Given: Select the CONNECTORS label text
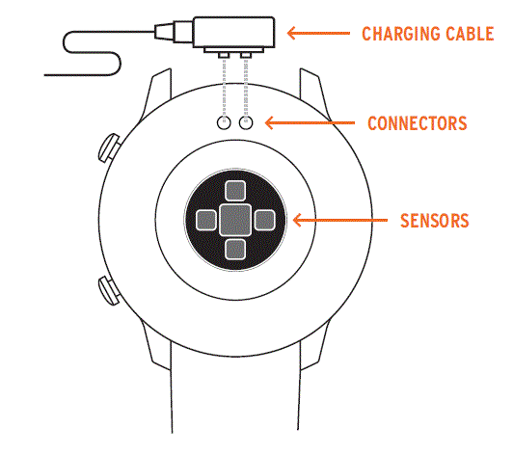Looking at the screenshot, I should pos(417,123).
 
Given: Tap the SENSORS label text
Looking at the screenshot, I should pos(434,221).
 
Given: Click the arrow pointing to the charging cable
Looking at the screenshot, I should pos(317,34).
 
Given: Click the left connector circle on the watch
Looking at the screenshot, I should pos(224,123).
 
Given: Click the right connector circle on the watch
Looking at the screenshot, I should pos(246,123).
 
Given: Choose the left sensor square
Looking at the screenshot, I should pos(205,220).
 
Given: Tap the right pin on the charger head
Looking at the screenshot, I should pos(247,54).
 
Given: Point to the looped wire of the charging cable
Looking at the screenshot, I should pos(92,53).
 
